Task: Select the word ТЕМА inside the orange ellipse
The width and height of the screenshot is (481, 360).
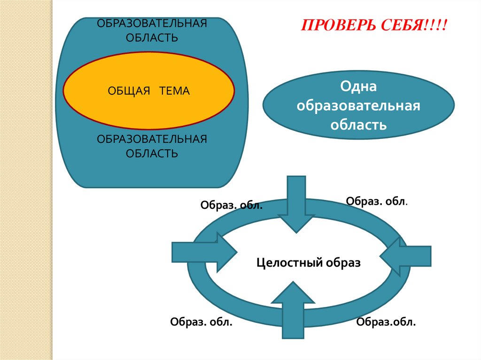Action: (174, 91)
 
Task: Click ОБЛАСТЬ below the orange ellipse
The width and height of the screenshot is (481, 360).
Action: (152, 153)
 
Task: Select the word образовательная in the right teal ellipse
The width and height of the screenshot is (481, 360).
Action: (358, 106)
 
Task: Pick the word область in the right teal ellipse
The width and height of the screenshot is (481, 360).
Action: (358, 125)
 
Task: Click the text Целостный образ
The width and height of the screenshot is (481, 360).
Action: (308, 263)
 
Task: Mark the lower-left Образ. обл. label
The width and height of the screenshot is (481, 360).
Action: (201, 322)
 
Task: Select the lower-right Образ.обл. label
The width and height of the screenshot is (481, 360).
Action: (386, 322)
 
